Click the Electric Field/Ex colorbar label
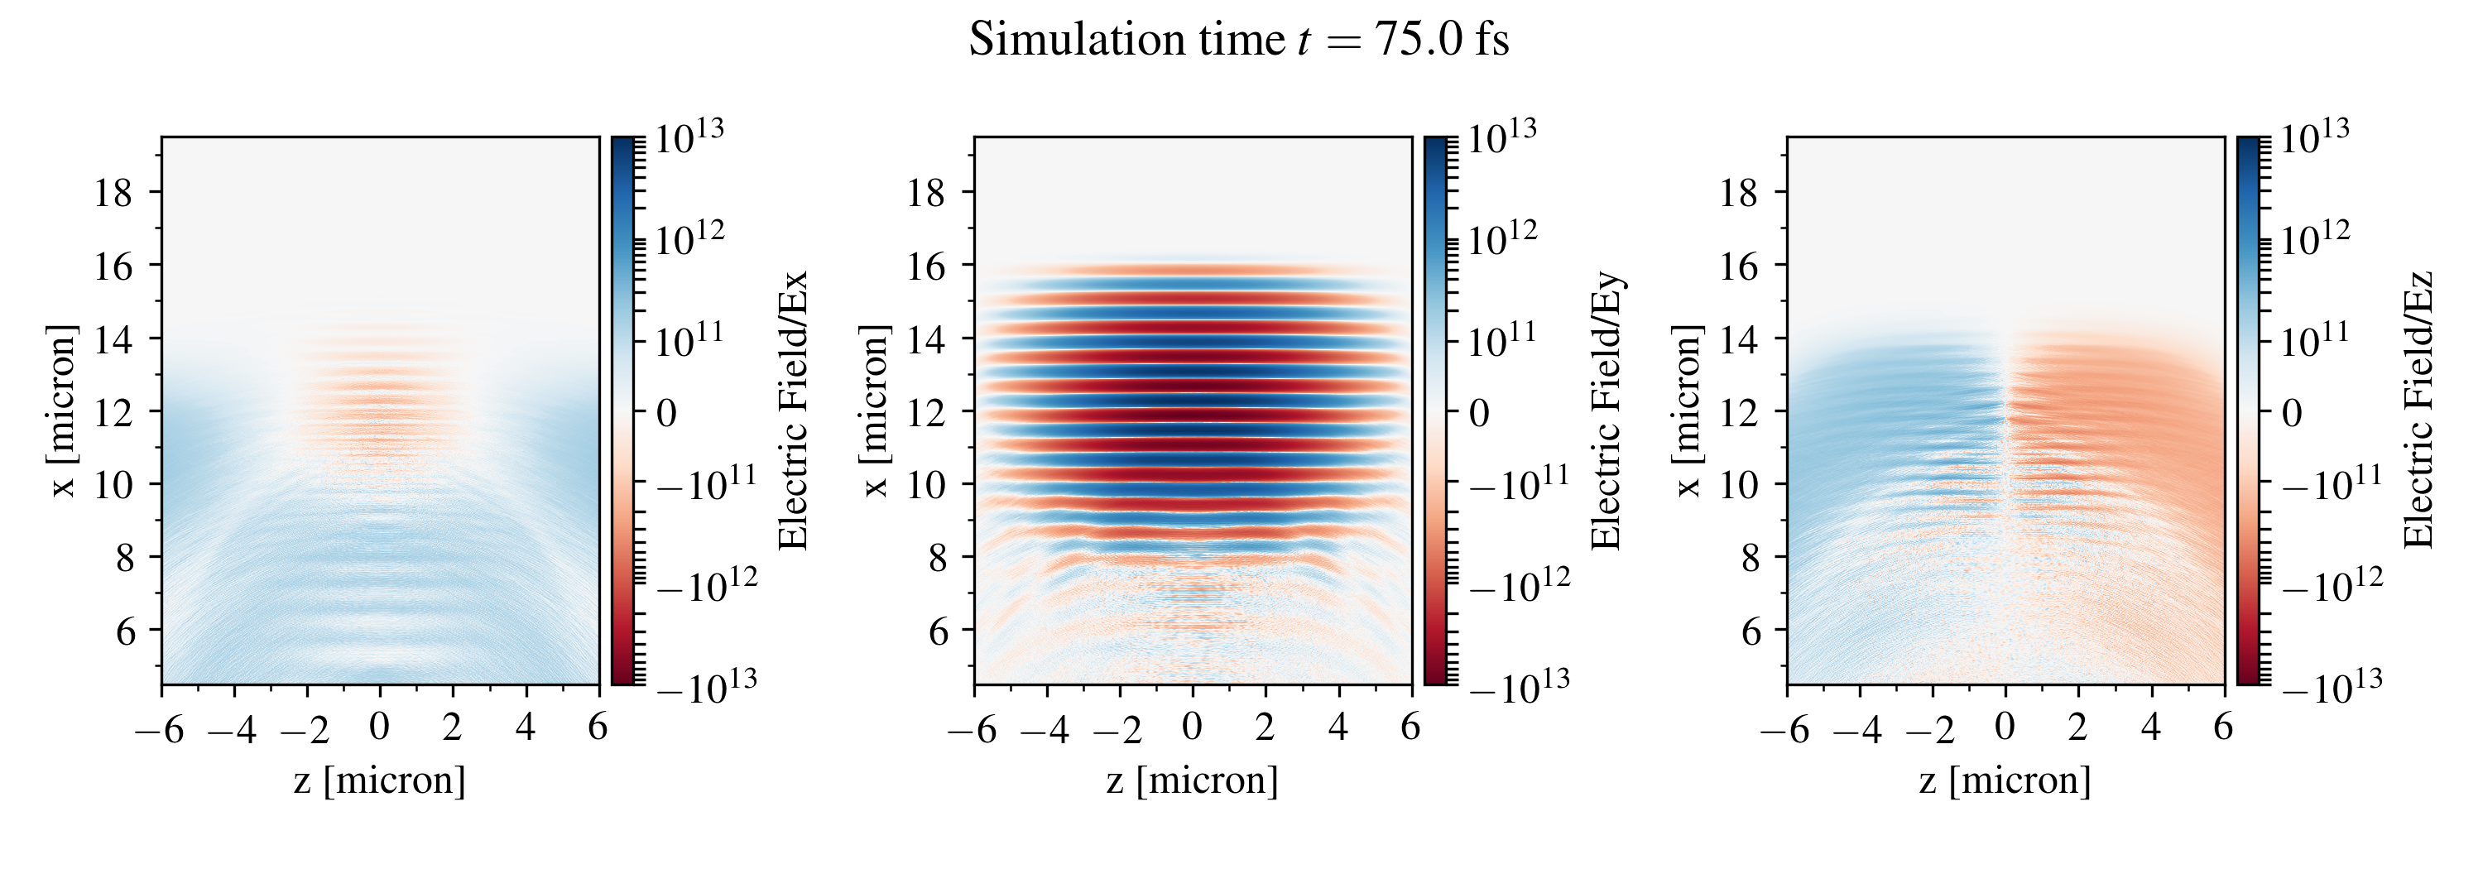point(792,410)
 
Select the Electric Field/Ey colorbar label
point(1606,410)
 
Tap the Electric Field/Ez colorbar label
point(2418,410)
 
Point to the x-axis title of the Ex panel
point(380,780)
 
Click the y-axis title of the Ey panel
point(874,410)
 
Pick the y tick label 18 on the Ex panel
point(113,193)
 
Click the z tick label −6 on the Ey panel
point(972,729)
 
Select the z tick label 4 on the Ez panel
point(2150,727)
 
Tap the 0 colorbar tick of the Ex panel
point(667,413)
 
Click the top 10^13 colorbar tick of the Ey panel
point(1501,137)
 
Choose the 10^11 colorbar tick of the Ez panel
point(2315,339)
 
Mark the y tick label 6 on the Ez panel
point(1751,631)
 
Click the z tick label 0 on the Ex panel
point(380,727)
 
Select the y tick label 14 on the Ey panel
point(925,339)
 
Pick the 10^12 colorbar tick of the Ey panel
point(1501,238)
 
